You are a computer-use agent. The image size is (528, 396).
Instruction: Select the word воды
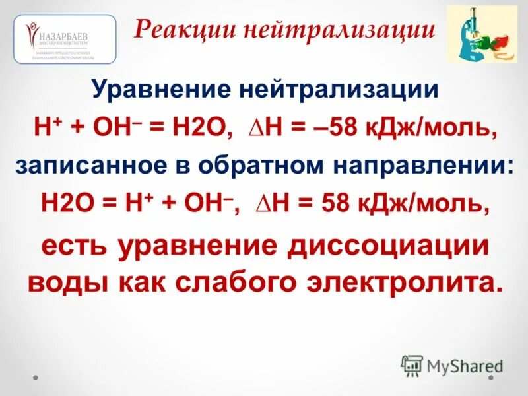point(69,282)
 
